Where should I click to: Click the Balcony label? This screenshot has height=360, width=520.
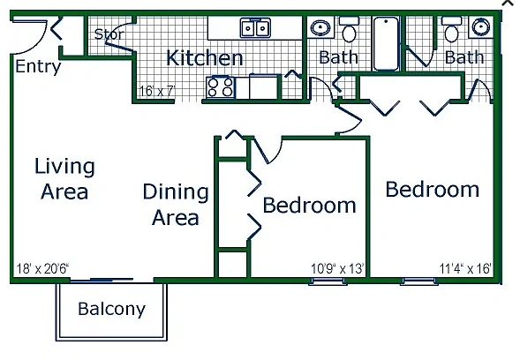112,310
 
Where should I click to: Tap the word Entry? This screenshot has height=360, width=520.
38,66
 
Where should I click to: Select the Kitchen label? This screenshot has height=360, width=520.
205,58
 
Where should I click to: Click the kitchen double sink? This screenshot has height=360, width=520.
255,28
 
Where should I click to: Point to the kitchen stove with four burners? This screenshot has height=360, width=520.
220,87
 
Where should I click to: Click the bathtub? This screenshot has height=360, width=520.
386,44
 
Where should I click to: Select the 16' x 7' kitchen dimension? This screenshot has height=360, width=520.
156,91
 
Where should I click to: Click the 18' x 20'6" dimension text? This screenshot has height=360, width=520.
42,268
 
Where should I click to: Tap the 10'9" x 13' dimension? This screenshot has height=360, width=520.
337,268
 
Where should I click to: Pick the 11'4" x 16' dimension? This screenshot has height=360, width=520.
465,268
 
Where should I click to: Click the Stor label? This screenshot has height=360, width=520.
109,34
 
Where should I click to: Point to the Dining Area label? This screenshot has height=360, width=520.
176,205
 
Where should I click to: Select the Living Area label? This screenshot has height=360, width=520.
64,178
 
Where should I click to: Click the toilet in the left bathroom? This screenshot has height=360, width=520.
349,29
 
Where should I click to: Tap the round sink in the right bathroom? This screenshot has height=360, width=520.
481,26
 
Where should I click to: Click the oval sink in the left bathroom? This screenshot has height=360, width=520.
320,28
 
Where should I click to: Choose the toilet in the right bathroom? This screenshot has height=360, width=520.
451,29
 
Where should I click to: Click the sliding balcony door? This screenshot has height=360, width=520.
102,281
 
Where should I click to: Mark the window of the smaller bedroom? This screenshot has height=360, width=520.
328,281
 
